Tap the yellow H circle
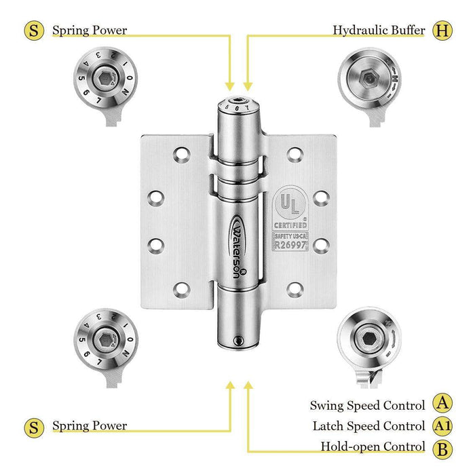(442, 31)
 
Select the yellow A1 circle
(442, 426)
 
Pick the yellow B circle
(442, 447)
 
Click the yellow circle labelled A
(442, 405)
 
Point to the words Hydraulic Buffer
(379, 31)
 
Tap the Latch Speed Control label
(368, 426)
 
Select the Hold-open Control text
(373, 447)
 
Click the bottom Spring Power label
(90, 426)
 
